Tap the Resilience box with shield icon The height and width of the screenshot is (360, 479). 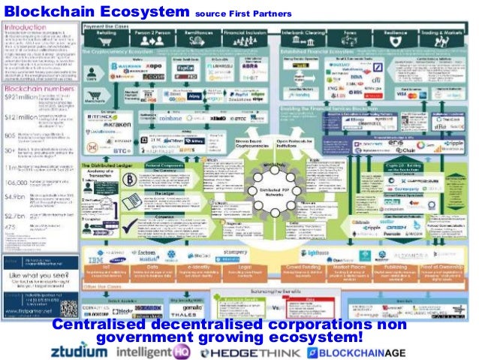[391, 35]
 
